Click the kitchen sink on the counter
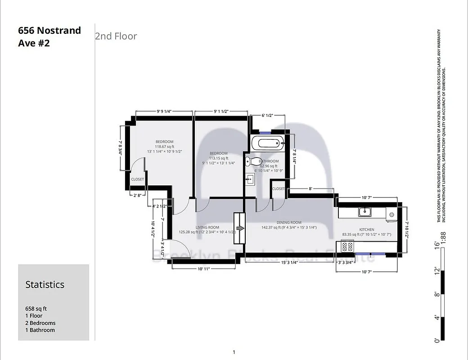click(365, 211)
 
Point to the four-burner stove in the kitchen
click(347, 246)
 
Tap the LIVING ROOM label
click(207, 227)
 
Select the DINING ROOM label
click(289, 222)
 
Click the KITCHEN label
click(367, 229)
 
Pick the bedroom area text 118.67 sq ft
click(164, 147)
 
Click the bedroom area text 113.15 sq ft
click(218, 158)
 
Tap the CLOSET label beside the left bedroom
click(137, 179)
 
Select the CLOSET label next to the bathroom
click(279, 189)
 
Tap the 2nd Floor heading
click(116, 36)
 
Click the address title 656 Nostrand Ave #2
click(49, 37)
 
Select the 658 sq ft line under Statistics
click(36, 309)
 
